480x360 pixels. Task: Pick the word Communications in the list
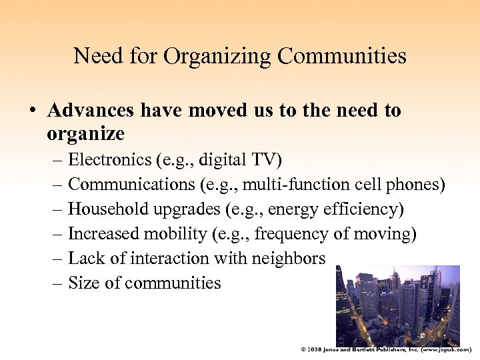click(127, 184)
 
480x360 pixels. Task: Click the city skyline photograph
click(397, 305)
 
